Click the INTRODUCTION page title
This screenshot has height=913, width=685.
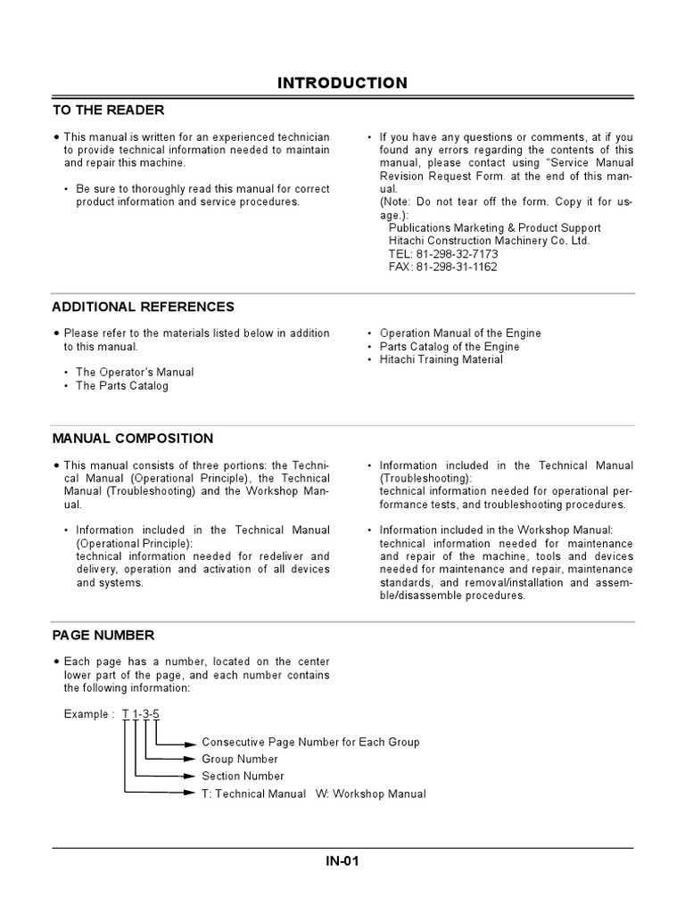click(x=342, y=83)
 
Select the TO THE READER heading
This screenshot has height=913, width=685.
click(x=108, y=110)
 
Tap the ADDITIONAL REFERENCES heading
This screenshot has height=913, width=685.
click(x=143, y=307)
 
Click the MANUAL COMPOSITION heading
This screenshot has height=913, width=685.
click(x=132, y=439)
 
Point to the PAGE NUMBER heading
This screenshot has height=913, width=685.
click(x=103, y=636)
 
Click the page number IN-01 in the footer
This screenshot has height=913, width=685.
click(x=342, y=861)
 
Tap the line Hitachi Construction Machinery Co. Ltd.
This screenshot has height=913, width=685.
click(x=489, y=241)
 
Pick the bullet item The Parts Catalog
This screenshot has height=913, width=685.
click(x=121, y=386)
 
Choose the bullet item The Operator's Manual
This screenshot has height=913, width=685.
click(x=135, y=372)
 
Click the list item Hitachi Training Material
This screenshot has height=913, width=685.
click(x=441, y=359)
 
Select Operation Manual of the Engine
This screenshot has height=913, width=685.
click(x=459, y=333)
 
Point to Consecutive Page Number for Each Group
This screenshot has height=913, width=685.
click(x=310, y=743)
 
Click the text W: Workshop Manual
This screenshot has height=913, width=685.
click(x=370, y=794)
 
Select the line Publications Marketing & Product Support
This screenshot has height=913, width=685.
click(x=494, y=228)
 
